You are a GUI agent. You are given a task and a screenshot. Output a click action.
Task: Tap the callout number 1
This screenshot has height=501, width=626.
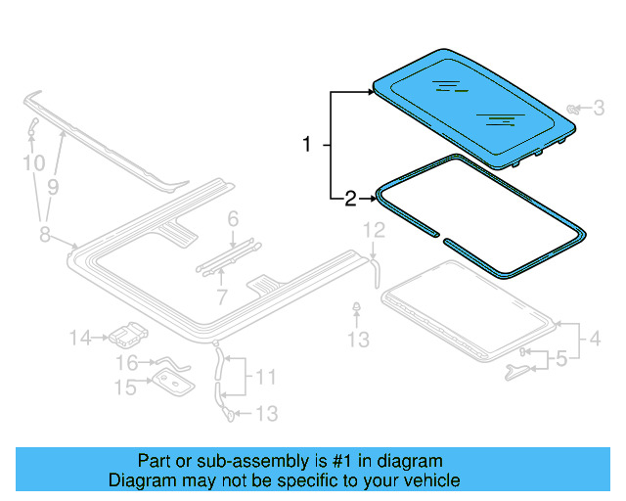pos(307,145)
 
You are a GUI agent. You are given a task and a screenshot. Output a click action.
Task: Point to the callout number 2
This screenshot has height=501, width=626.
pos(350,201)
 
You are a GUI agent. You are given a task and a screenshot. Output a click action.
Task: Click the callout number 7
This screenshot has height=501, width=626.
pos(221,296)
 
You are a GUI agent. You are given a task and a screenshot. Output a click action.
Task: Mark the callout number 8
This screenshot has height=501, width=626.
pos(43,232)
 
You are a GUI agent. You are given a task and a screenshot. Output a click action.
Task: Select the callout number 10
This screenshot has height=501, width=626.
pos(33,162)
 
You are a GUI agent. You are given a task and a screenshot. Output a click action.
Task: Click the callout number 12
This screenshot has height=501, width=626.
pos(375,231)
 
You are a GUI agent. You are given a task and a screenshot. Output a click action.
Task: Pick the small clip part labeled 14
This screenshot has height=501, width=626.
pos(126,337)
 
